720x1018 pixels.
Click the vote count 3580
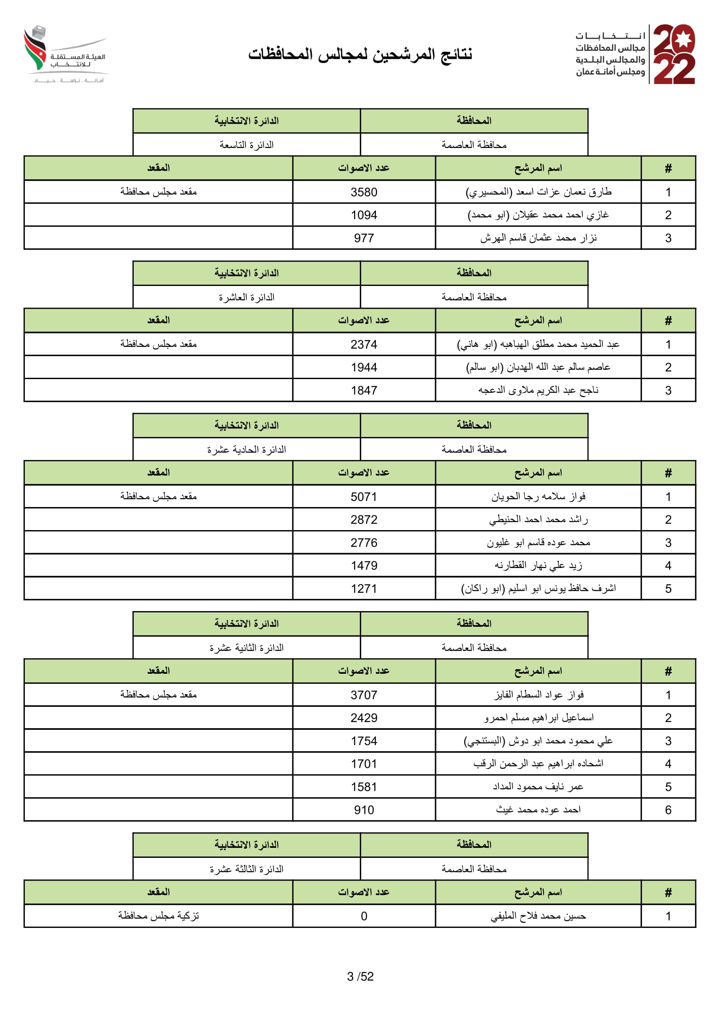[x=363, y=192]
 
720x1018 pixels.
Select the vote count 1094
[x=363, y=215]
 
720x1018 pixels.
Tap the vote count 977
[x=363, y=238]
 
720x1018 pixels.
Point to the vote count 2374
[x=363, y=345]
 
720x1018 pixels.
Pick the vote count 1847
[x=363, y=390]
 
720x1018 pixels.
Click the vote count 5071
[x=363, y=497]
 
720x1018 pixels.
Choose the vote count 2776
[x=363, y=543]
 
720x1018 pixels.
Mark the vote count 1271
[x=363, y=588]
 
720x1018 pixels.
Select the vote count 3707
[x=363, y=695]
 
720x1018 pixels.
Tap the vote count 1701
[x=363, y=764]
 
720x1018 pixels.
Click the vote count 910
[x=363, y=810]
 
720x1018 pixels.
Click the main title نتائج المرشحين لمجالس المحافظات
[x=360, y=54]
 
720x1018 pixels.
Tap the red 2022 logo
[x=673, y=54]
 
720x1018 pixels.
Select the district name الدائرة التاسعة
[x=246, y=145]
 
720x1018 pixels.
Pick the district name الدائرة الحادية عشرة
[x=246, y=450]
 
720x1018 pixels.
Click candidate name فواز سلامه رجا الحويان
[x=537, y=497]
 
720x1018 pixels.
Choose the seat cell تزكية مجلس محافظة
[x=159, y=916]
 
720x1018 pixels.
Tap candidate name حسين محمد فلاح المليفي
[x=537, y=916]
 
